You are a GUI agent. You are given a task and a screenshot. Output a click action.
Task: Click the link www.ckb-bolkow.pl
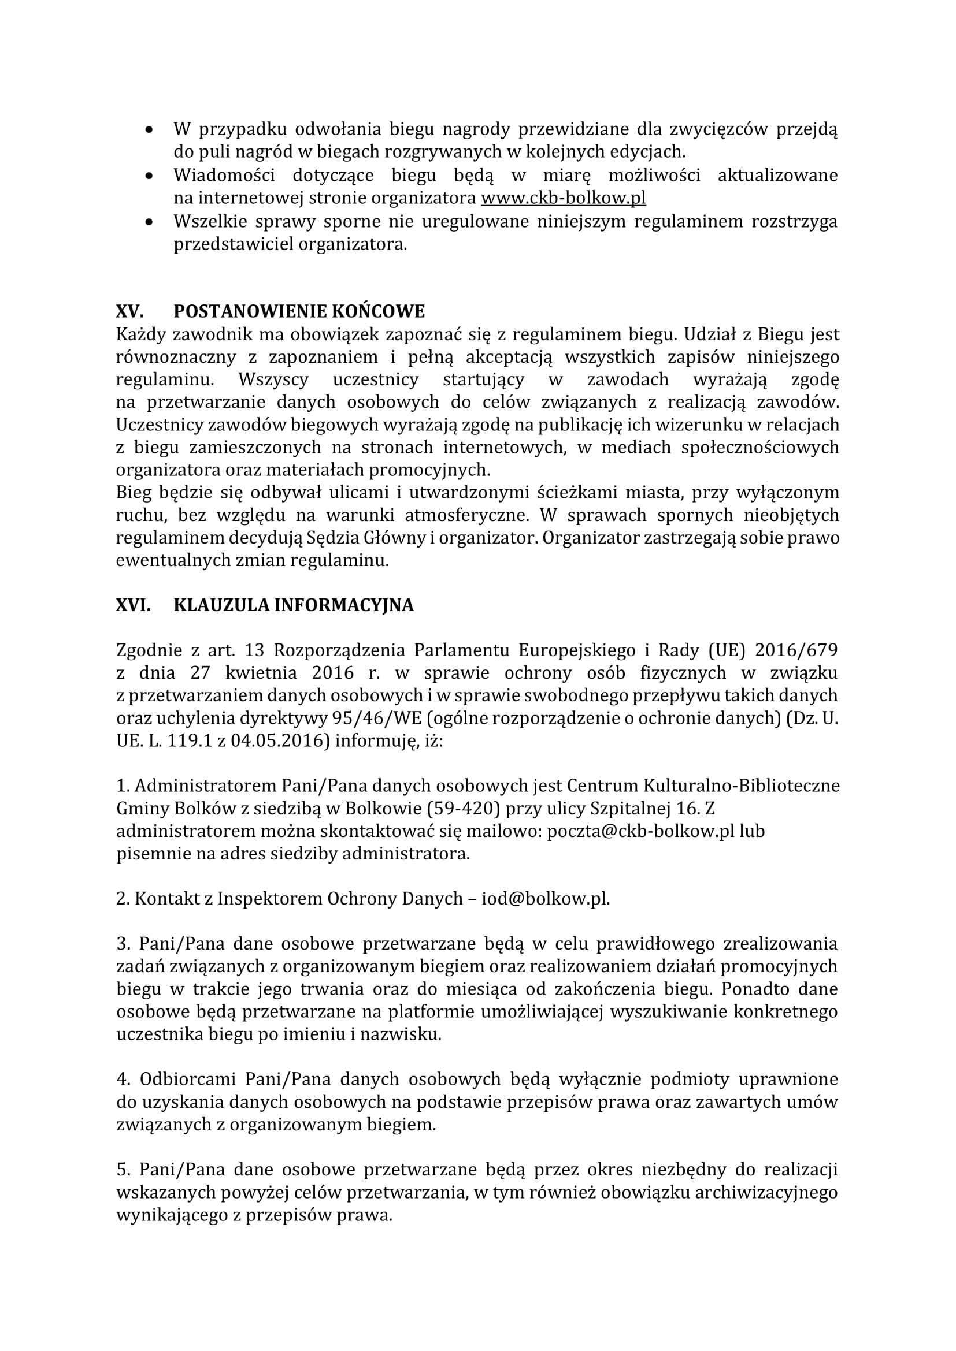tap(564, 198)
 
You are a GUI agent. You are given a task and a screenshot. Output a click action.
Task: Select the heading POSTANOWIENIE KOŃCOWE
tap(299, 311)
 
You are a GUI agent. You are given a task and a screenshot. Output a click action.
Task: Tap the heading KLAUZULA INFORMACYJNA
tap(294, 605)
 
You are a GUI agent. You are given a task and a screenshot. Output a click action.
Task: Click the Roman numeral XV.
tap(129, 311)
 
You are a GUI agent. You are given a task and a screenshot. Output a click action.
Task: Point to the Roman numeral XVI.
tap(133, 605)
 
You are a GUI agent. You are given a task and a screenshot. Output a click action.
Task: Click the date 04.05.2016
tap(276, 741)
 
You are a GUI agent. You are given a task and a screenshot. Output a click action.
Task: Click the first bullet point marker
tap(150, 129)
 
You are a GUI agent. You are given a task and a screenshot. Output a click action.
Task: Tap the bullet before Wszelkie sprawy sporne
tap(150, 222)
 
